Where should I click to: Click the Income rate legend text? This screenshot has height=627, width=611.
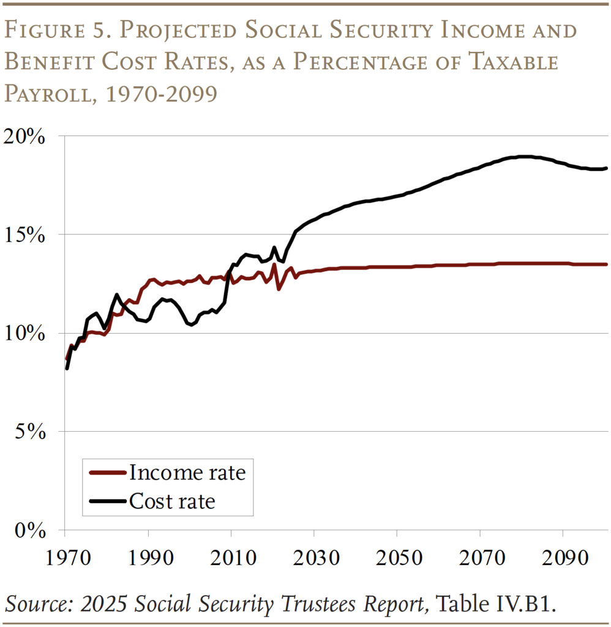click(187, 473)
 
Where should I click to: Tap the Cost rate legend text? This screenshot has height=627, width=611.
click(172, 502)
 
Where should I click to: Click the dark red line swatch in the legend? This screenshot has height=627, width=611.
click(107, 473)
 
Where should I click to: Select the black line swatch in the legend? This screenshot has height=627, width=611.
click(107, 502)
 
